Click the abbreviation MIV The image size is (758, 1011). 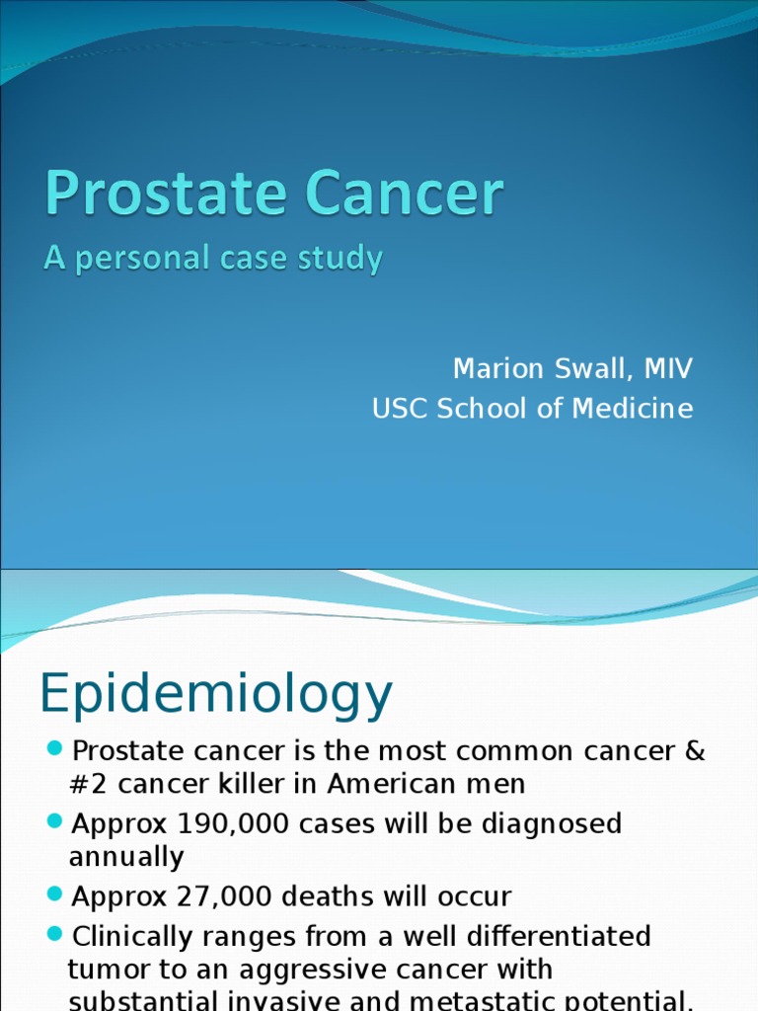[x=668, y=369]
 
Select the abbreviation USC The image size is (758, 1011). [x=401, y=408]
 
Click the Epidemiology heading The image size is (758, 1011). [x=215, y=694]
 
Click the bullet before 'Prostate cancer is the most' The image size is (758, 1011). [x=54, y=750]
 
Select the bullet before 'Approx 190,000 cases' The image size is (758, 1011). [x=54, y=822]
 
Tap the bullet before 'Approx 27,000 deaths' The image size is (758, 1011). [x=54, y=895]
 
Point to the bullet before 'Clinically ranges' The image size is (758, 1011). [x=54, y=933]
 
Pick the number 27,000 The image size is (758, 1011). [x=227, y=897]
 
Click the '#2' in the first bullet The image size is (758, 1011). [x=85, y=785]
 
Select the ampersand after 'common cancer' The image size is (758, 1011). [x=694, y=751]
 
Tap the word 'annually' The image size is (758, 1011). [x=126, y=857]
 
